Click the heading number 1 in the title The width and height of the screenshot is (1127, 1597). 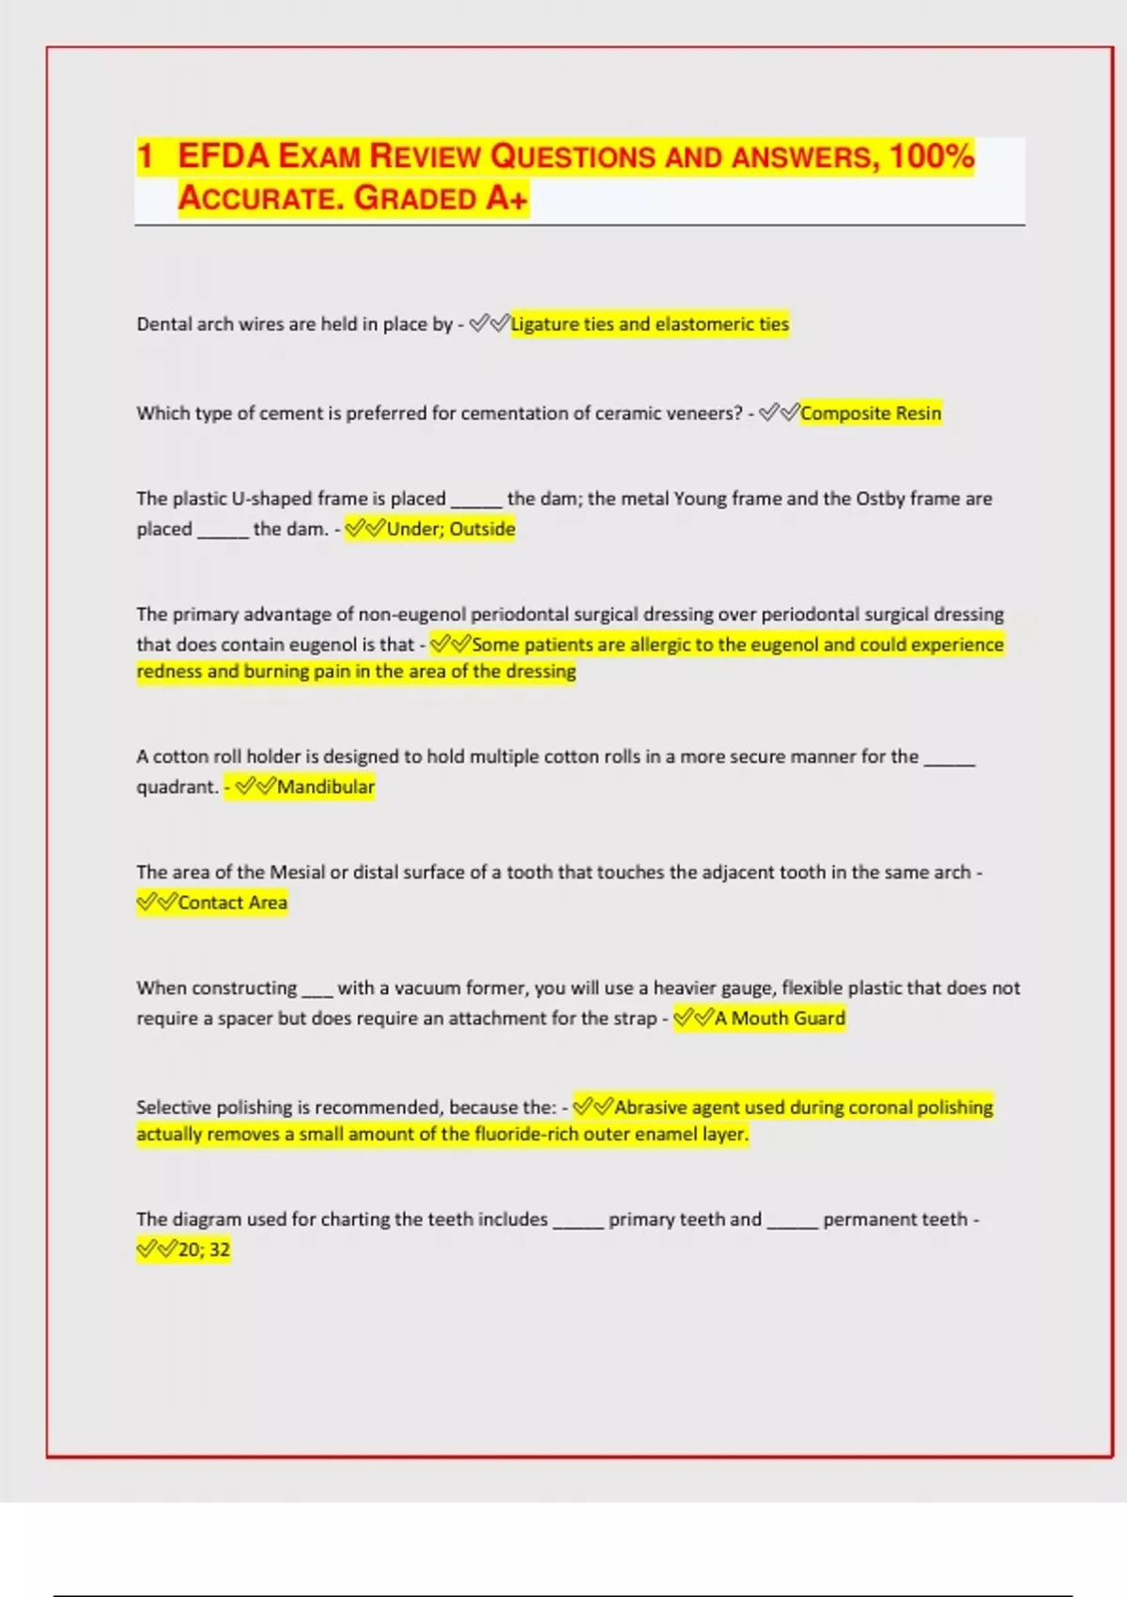(x=145, y=156)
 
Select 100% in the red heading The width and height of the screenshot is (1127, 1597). (x=932, y=156)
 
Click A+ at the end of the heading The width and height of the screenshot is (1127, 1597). (x=507, y=198)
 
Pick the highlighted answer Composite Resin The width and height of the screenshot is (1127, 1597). (x=871, y=413)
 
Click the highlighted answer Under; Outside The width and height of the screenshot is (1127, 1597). (x=451, y=529)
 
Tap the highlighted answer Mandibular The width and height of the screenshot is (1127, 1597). (x=325, y=787)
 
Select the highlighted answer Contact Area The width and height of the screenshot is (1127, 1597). (x=232, y=903)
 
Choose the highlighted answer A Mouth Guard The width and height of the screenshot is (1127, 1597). (x=780, y=1018)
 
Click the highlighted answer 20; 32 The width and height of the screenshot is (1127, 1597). (x=204, y=1249)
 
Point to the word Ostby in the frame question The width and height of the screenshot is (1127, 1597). (x=882, y=499)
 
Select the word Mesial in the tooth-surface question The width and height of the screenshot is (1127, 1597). (x=297, y=872)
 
